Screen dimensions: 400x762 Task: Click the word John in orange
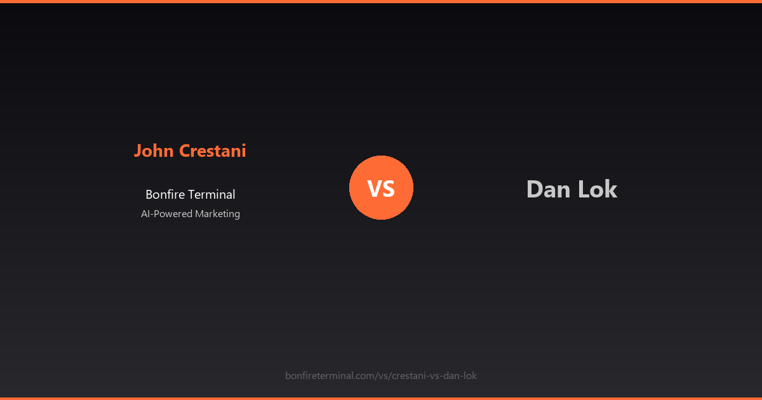click(x=154, y=151)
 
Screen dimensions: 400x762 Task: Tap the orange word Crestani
click(x=213, y=151)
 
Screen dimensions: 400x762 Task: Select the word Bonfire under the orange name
click(x=164, y=195)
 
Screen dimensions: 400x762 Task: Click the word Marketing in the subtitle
click(x=217, y=214)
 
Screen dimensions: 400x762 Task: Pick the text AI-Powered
click(x=166, y=214)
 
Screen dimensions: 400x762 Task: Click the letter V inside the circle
click(x=374, y=189)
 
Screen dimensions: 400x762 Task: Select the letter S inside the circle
click(x=389, y=189)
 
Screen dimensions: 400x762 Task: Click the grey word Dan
click(x=547, y=189)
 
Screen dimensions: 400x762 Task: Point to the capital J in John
click(x=138, y=151)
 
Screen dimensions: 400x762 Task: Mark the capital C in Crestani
click(x=185, y=151)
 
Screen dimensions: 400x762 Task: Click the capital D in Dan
click(x=534, y=189)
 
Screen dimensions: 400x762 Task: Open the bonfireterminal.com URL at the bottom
click(x=381, y=376)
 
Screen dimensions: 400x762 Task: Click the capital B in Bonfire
click(x=149, y=195)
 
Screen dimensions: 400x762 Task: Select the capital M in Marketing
click(x=199, y=214)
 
